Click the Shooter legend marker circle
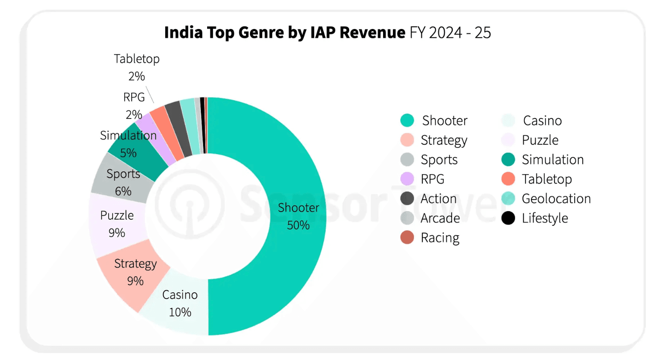click(x=407, y=120)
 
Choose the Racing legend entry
click(x=440, y=237)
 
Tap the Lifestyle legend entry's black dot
click(x=508, y=218)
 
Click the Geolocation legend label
click(x=556, y=199)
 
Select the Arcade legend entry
click(x=440, y=218)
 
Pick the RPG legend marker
click(x=407, y=179)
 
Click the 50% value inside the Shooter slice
click(x=298, y=225)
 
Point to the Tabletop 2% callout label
click(x=137, y=67)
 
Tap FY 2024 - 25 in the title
click(x=450, y=33)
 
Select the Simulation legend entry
click(x=552, y=160)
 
